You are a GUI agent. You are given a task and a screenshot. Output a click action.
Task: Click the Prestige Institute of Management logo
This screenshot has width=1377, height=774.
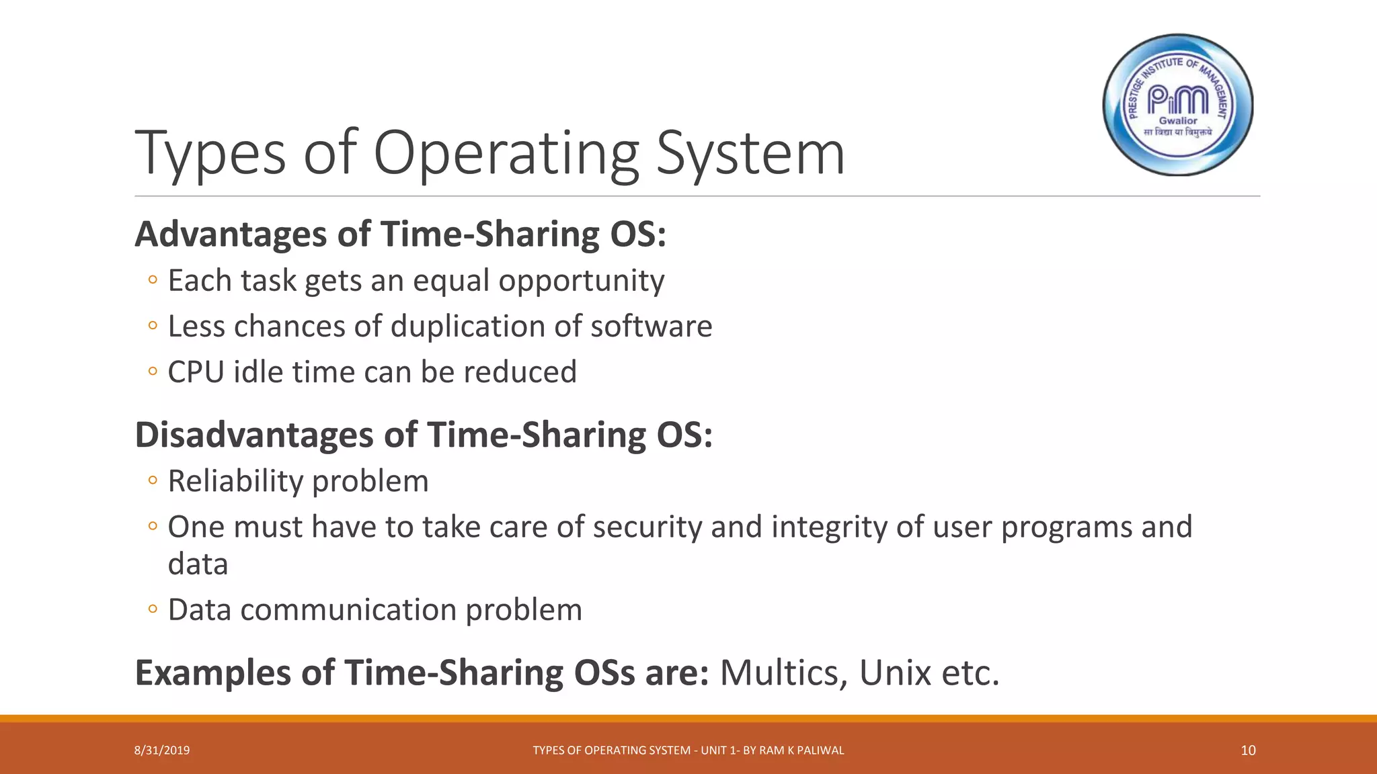pos(1178,105)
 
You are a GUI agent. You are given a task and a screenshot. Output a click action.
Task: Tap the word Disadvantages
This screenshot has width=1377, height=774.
pos(254,435)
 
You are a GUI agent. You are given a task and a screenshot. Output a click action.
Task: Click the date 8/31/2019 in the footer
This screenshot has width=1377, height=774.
pos(162,750)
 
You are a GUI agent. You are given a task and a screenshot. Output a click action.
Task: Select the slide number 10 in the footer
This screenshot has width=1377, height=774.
pos(1248,750)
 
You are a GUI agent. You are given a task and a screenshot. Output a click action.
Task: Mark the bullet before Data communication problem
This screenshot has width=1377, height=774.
pos(153,609)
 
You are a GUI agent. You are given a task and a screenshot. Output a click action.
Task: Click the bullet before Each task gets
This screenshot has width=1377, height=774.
pos(153,280)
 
